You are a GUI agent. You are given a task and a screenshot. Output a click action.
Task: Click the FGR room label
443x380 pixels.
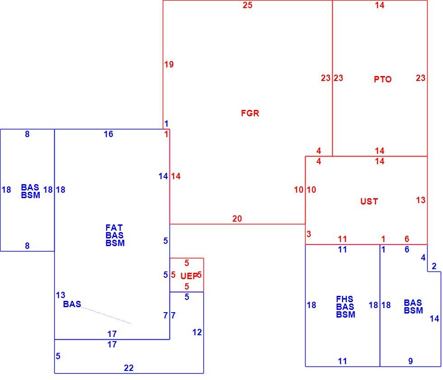(x=250, y=114)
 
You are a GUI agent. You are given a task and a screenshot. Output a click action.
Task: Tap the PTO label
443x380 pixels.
(x=383, y=79)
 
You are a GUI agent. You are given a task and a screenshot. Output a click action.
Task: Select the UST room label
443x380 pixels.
(x=369, y=201)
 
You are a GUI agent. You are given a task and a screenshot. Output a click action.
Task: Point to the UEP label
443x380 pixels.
(x=189, y=276)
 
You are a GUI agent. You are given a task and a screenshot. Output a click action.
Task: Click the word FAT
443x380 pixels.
(x=114, y=228)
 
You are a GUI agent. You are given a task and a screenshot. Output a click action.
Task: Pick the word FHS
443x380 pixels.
(x=344, y=299)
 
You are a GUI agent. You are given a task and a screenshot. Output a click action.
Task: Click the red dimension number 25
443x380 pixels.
(x=248, y=5)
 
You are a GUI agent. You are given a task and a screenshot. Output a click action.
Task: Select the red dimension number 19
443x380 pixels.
(x=169, y=64)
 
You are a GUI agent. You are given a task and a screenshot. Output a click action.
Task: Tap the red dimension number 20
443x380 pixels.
(x=237, y=218)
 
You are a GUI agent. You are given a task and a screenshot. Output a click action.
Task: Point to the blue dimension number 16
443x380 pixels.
(x=108, y=134)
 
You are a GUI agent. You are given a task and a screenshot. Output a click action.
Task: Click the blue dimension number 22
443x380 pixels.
(x=129, y=368)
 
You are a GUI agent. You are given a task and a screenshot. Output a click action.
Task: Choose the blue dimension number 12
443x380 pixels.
(x=197, y=332)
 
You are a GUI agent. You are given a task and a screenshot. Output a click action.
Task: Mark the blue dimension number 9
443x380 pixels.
(x=410, y=361)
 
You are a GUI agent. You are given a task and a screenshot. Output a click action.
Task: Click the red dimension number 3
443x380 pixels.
(x=309, y=234)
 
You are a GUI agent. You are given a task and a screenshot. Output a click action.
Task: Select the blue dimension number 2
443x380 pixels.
(x=434, y=266)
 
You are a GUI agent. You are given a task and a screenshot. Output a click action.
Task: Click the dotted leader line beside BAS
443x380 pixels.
(x=106, y=315)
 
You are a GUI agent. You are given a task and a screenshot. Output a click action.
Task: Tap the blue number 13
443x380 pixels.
(x=61, y=295)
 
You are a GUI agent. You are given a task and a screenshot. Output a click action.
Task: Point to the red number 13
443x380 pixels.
(x=421, y=200)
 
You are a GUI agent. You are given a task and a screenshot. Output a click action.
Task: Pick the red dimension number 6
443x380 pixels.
(x=407, y=239)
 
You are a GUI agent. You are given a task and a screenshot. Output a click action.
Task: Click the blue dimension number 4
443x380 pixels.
(x=423, y=257)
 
